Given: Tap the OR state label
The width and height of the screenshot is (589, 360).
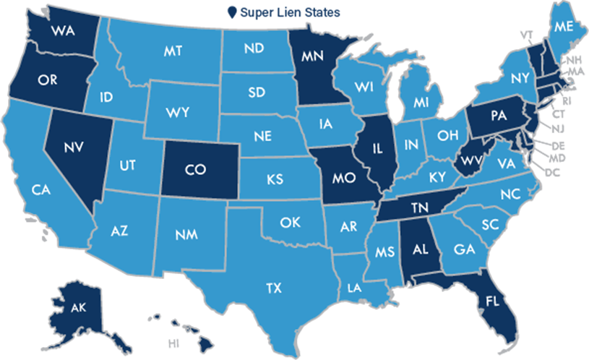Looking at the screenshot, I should click(48, 80).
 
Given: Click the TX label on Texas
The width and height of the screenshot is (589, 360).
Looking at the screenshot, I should click(273, 288).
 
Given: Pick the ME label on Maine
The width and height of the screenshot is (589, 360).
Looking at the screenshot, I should click(562, 27).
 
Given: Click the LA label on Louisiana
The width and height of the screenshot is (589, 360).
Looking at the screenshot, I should click(353, 288).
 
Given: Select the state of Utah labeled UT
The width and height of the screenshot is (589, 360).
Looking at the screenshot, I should click(128, 165).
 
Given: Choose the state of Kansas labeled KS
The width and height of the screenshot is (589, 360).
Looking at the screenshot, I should click(274, 177).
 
